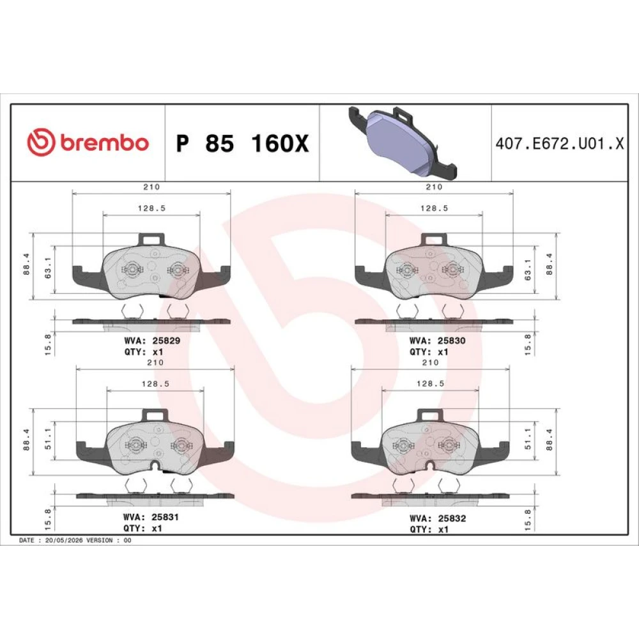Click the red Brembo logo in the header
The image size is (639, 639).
88,142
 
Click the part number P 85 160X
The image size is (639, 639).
242,143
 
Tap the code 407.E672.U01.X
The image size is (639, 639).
560,143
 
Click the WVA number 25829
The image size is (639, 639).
166,341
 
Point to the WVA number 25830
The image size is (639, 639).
452,341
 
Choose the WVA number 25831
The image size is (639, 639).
165,517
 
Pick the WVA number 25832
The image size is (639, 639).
452,518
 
